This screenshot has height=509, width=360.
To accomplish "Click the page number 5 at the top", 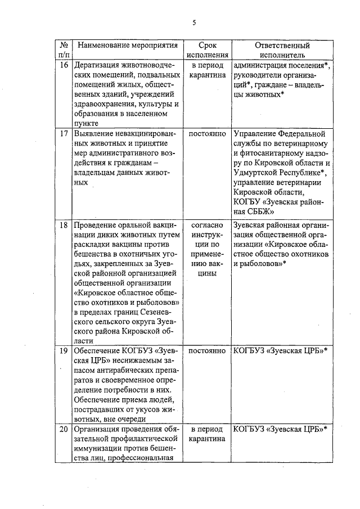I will click(x=194, y=23).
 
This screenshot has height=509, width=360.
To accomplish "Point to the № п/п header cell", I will click(x=64, y=50).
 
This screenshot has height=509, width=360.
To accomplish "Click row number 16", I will click(x=64, y=66).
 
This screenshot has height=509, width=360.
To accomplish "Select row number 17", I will click(x=64, y=134).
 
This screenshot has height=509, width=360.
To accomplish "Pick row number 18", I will click(x=64, y=225).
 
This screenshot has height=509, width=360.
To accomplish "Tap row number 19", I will click(x=64, y=350).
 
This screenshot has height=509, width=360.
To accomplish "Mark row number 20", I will click(x=64, y=430).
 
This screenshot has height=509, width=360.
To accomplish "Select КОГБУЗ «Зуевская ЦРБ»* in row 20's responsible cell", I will click(x=280, y=430).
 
